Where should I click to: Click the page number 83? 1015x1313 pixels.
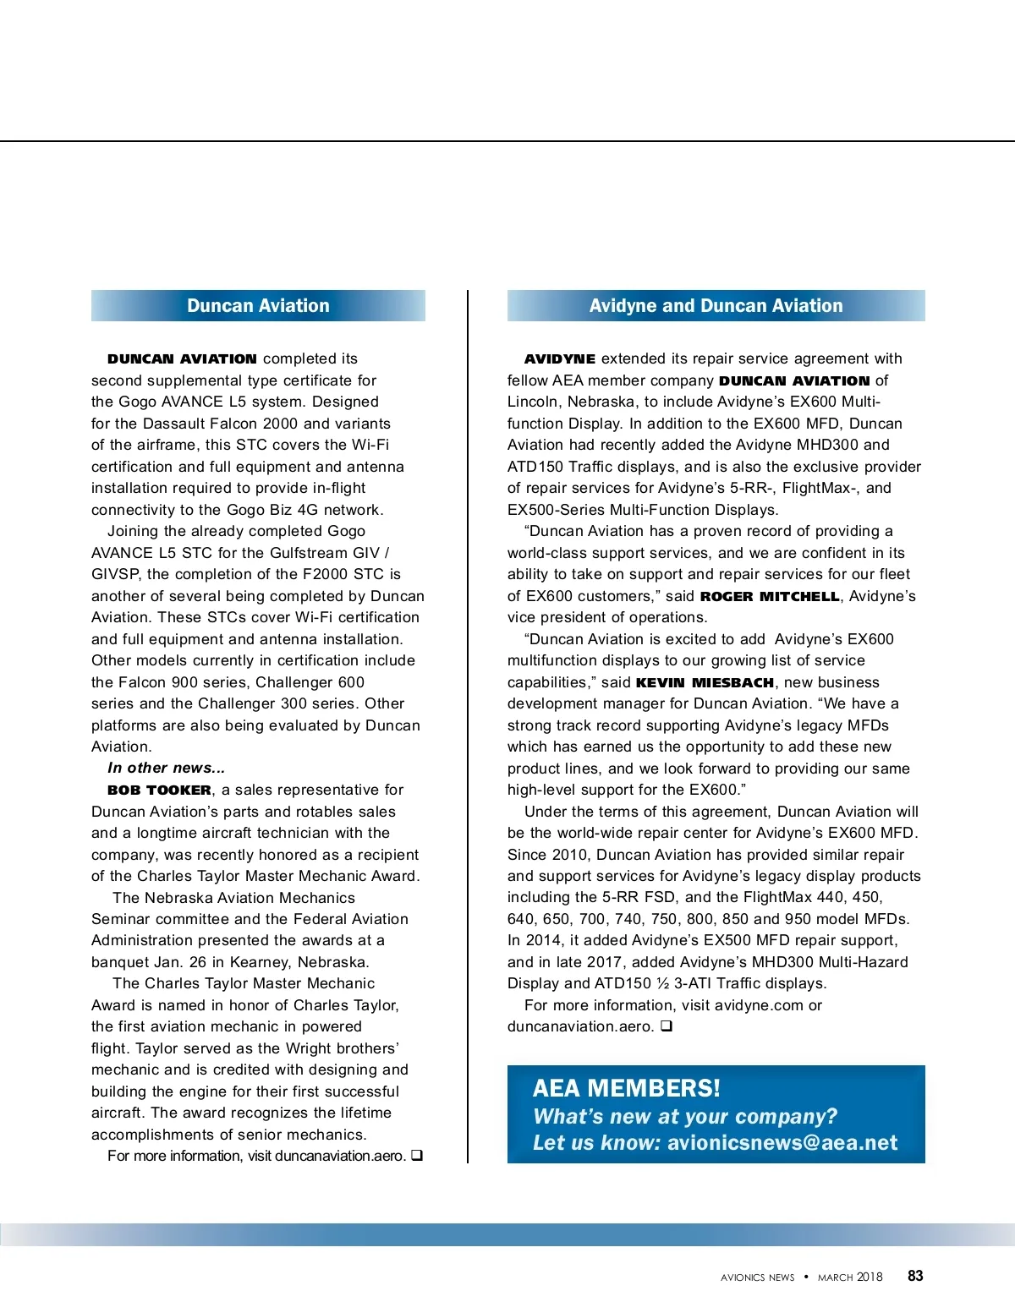(915, 1276)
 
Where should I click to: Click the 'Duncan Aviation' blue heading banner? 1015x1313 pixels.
(258, 306)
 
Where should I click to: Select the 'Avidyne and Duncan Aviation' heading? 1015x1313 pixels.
(716, 306)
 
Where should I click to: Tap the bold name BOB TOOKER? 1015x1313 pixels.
(160, 791)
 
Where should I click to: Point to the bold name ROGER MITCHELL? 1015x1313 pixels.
(770, 597)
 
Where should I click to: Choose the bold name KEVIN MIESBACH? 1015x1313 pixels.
(705, 683)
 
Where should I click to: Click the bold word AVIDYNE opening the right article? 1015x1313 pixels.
(560, 359)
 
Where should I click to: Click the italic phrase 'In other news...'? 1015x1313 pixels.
(167, 769)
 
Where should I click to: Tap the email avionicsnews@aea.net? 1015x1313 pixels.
(782, 1143)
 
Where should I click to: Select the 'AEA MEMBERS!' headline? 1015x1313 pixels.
(627, 1088)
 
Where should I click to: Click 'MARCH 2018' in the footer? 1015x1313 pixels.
(850, 1277)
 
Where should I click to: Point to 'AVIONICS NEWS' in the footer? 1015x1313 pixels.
(758, 1277)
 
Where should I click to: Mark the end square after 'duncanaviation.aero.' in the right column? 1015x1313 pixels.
(667, 1026)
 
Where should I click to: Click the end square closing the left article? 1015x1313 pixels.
(417, 1156)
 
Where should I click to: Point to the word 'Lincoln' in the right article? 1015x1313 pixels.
(533, 402)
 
